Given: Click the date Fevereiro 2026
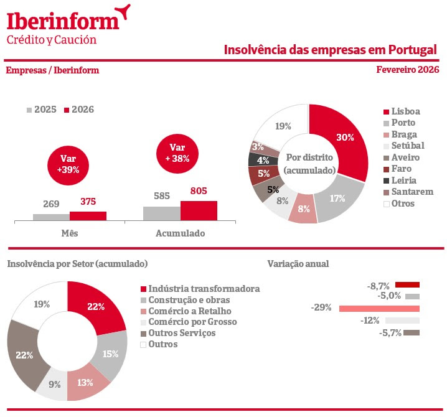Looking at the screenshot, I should click(407, 70).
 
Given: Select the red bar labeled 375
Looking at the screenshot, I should click(88, 216).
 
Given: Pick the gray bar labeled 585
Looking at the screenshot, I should click(162, 213).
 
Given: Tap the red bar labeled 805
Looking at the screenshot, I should click(199, 210).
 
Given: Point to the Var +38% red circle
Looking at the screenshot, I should click(177, 153).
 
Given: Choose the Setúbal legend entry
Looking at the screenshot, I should click(408, 146).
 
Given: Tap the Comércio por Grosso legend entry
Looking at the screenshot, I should click(192, 322).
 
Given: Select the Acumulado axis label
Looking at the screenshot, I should click(180, 234).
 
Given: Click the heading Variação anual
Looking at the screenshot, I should click(298, 263).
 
